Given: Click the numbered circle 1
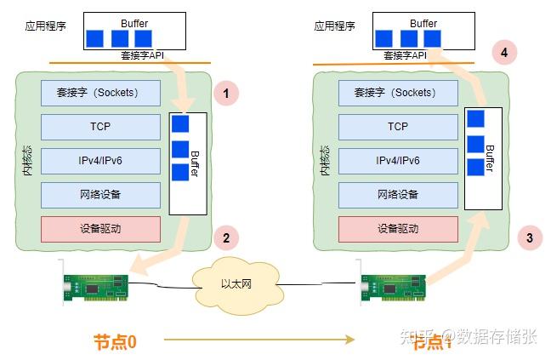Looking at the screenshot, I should tap(225, 93).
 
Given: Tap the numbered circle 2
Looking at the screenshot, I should tap(225, 238).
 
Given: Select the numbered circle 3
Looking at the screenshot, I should tap(529, 238).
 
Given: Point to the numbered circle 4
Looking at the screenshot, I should tap(504, 53).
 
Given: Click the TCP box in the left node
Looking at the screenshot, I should tap(100, 127).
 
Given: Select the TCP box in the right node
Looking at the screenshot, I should tap(398, 127).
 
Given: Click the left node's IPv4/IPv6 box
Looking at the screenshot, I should tap(100, 161).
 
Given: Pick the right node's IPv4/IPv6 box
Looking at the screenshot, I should tap(398, 161).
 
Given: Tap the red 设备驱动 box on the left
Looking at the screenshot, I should tap(100, 229).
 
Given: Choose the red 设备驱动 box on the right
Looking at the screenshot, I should tap(398, 229).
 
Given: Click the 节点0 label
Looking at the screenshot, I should tap(115, 340).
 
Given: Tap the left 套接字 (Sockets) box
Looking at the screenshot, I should tap(100, 93).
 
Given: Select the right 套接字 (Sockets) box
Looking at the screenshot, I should tap(398, 93).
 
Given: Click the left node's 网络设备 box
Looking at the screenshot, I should tap(100, 195).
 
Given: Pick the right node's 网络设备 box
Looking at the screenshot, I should tap(398, 195).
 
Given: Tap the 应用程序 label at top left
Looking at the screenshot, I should tap(47, 26).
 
